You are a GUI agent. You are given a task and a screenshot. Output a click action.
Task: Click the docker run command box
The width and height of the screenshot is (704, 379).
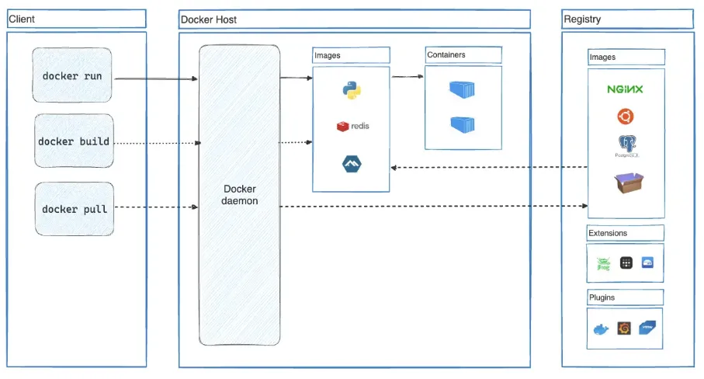[73, 75]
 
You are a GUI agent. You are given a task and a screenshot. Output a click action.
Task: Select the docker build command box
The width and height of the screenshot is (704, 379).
[74, 142]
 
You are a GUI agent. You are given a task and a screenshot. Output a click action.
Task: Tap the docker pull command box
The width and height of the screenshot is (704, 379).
[74, 209]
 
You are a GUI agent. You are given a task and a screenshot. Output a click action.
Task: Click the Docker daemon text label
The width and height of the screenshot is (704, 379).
[239, 195]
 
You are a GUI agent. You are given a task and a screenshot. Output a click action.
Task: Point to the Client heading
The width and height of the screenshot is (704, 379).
[22, 19]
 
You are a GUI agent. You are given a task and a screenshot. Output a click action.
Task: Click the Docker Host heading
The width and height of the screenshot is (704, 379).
[209, 19]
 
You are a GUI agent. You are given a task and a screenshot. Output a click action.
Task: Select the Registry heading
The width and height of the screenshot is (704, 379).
[582, 19]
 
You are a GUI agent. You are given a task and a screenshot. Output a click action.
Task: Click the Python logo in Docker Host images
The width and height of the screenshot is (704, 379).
[352, 90]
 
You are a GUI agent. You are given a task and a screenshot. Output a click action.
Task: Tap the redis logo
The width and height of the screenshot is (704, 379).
[352, 126]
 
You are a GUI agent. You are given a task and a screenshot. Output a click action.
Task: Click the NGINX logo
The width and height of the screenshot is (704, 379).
[625, 89]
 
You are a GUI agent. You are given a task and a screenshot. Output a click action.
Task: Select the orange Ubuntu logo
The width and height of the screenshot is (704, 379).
[625, 116]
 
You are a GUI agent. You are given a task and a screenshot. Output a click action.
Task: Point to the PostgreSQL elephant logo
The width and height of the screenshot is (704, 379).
[626, 145]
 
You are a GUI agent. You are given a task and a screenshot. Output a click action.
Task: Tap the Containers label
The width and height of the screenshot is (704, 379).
[446, 55]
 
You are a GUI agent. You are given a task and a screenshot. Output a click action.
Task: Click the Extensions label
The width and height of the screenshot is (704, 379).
[608, 233]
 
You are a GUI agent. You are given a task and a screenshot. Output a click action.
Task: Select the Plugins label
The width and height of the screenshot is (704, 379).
[602, 297]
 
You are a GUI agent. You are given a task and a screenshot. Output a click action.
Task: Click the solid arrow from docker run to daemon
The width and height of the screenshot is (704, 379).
[155, 78]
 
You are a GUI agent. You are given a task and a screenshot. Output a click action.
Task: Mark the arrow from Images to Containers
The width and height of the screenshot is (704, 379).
[407, 77]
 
